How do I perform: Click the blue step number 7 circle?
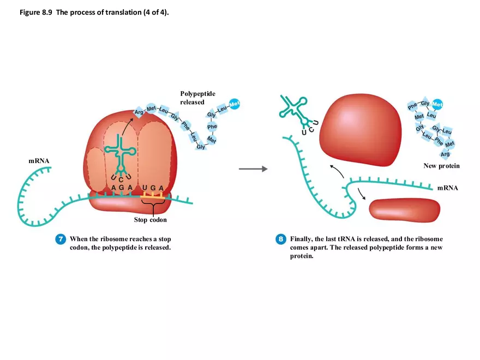pos(61,239)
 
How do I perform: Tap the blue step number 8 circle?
pos(280,239)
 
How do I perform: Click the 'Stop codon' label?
pos(150,220)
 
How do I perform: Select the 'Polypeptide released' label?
pos(197,98)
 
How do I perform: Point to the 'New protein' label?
pos(441,166)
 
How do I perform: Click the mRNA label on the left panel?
pos(39,161)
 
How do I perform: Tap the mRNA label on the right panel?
pos(447,188)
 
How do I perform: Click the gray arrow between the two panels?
pos(253,169)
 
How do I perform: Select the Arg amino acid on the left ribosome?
pos(139,112)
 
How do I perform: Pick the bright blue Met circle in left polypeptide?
pos(235,104)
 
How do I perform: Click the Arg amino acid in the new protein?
pos(445,154)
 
